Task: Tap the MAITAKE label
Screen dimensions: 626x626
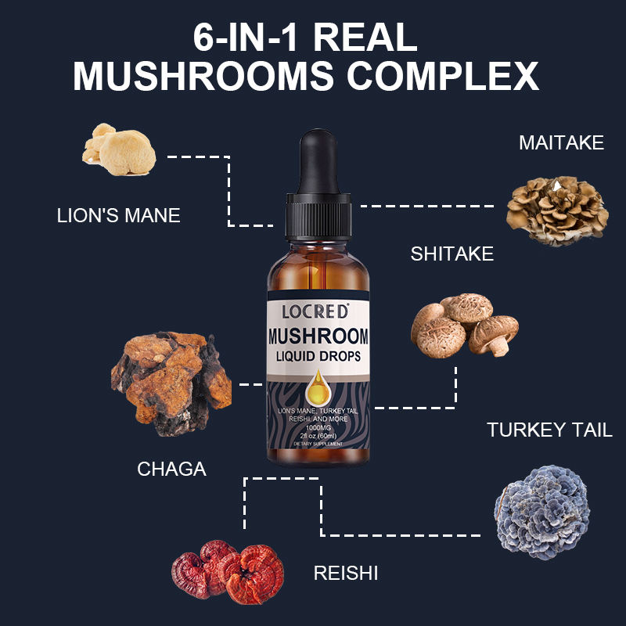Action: pyautogui.click(x=561, y=142)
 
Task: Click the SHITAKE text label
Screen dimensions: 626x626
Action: pyautogui.click(x=452, y=254)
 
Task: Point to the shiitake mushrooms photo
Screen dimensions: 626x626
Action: pyautogui.click(x=463, y=324)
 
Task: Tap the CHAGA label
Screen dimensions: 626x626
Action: pyautogui.click(x=171, y=469)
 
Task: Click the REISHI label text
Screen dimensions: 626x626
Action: pyautogui.click(x=345, y=573)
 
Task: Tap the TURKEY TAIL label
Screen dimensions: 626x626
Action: pyautogui.click(x=549, y=430)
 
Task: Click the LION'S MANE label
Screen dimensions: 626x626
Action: pyautogui.click(x=119, y=215)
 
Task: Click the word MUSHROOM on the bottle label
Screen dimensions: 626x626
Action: pyautogui.click(x=318, y=339)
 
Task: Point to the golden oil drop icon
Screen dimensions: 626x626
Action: pyautogui.click(x=318, y=384)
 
